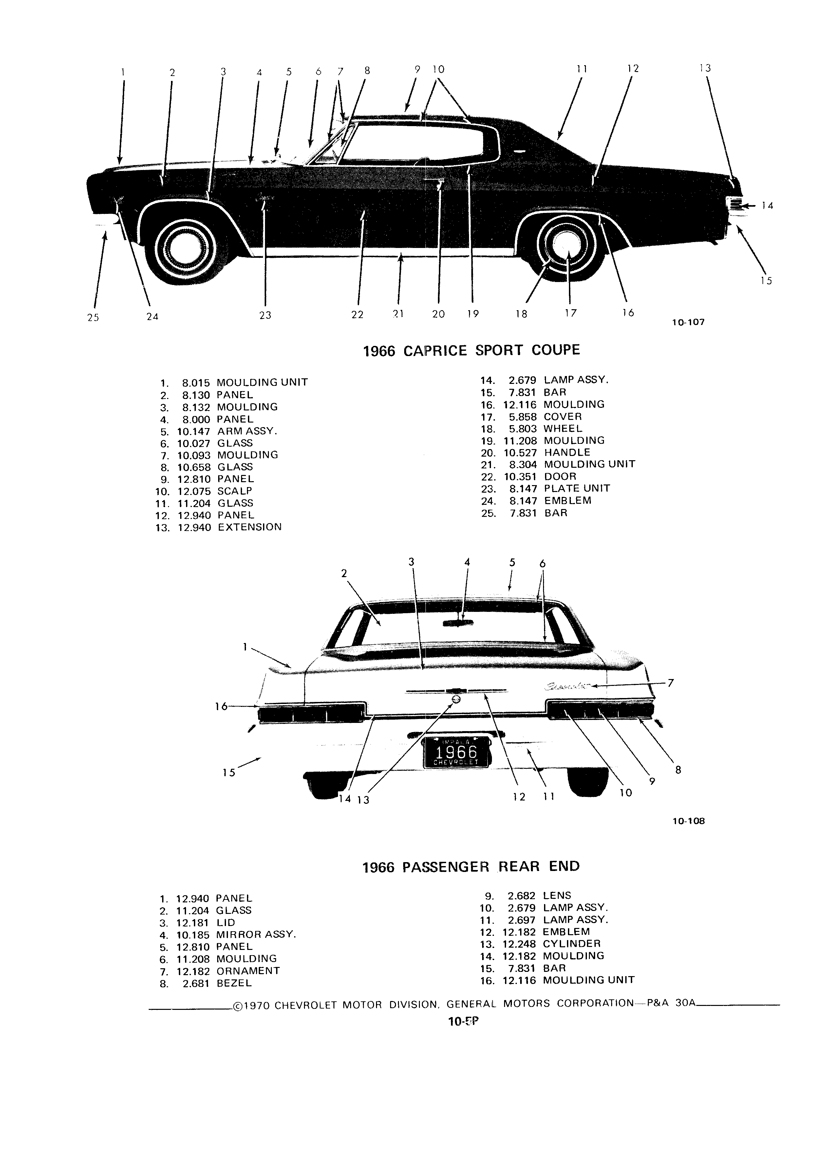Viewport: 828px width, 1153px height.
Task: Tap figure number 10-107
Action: (x=688, y=322)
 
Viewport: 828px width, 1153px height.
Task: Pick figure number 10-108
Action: (x=689, y=821)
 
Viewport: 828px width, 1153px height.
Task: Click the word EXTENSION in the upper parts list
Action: (x=250, y=527)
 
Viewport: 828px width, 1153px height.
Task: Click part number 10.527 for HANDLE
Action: (x=521, y=452)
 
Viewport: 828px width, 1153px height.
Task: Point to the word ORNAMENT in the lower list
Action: (x=248, y=971)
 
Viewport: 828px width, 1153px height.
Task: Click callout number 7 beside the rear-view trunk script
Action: (x=670, y=683)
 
